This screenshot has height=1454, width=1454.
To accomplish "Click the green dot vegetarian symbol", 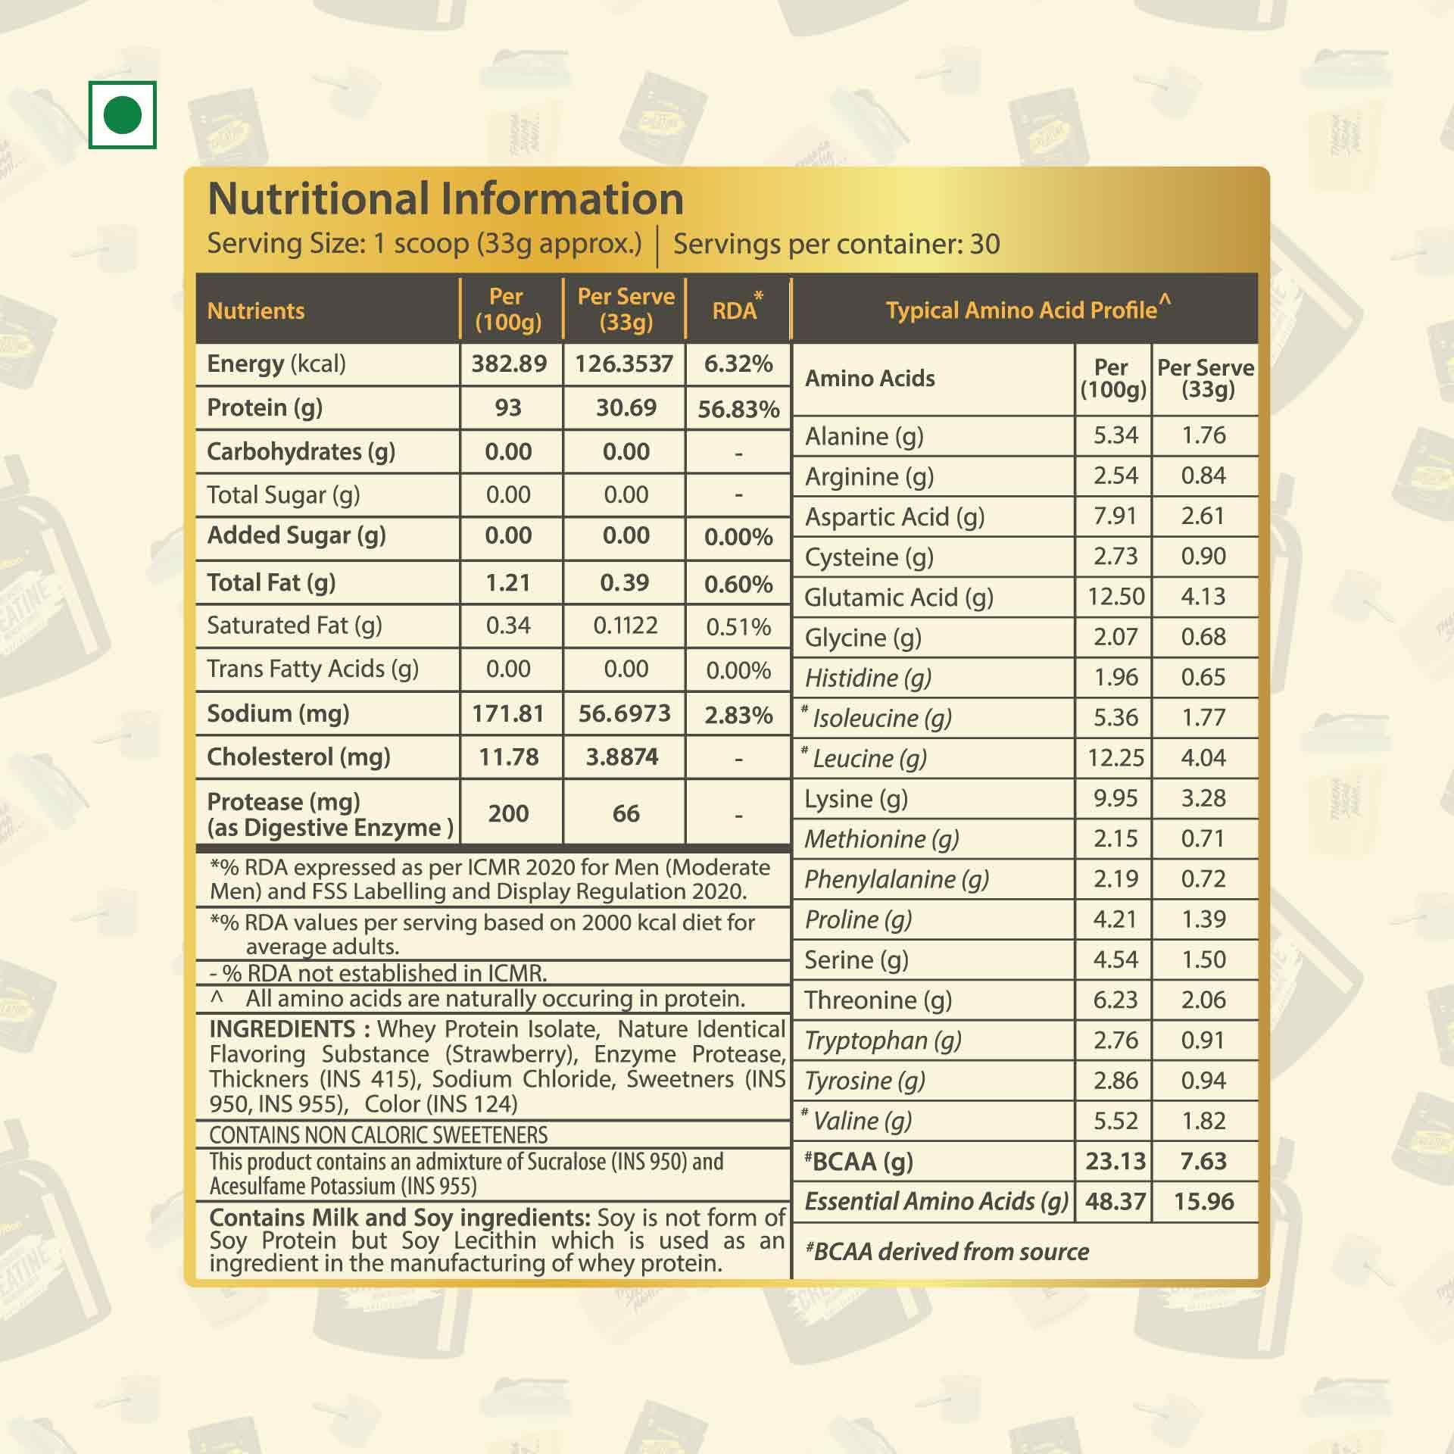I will coord(122,115).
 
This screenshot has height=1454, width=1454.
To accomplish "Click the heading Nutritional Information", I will coord(445,199).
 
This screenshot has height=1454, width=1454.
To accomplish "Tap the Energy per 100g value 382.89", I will coord(509,364).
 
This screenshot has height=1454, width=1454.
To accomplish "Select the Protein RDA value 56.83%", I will coord(738,410).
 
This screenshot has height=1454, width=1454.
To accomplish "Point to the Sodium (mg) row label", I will coord(278,713).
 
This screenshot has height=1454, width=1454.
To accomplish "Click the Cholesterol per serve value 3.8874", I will coord(622,757).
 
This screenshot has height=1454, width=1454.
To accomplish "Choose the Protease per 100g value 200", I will coord(508,813).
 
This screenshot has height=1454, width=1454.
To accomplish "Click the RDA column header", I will coord(735,310).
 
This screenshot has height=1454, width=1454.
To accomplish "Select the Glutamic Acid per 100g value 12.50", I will coord(1115,597).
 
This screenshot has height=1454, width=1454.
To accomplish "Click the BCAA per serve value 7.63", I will coord(1203,1161).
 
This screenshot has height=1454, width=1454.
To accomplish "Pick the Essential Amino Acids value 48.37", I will coord(1115,1201).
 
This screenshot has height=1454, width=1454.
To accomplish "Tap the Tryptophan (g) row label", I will coord(883,1041).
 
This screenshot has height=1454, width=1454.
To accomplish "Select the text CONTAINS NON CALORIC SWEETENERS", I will coord(379,1134).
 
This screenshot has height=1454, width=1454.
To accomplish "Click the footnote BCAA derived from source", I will coord(947,1252).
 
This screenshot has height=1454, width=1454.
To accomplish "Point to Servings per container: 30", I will coord(836,244).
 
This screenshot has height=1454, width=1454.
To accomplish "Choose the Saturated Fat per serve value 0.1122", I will coord(626,626).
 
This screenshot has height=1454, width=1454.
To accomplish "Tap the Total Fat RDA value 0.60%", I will coord(738,584).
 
